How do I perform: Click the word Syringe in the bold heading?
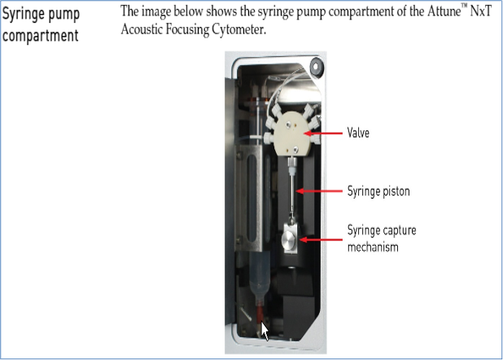24,16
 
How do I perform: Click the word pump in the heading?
64,16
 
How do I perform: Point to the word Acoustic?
144,31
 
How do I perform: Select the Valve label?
358,132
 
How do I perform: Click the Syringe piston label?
378,191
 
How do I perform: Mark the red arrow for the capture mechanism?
321,239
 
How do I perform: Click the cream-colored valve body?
292,133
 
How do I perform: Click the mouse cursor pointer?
265,331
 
